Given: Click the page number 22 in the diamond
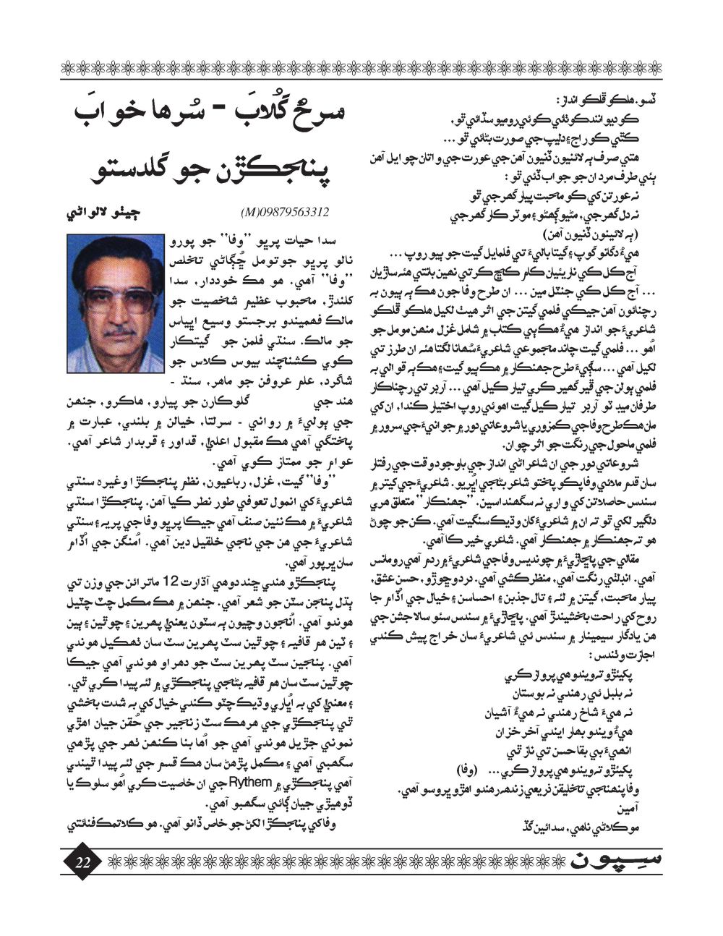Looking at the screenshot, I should point(82,861).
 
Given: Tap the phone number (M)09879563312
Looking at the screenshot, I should point(283,212).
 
